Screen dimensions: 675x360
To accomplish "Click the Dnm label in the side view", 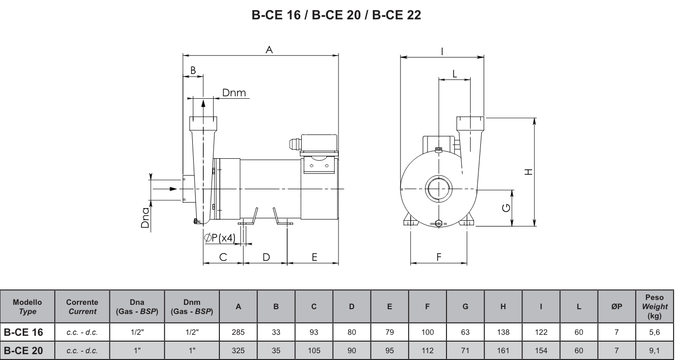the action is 234,93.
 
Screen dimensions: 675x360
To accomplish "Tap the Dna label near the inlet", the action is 145,218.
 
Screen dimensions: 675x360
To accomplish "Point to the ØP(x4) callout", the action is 220,238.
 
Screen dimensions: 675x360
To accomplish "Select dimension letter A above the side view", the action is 269,50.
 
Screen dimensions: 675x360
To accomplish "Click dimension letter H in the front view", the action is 529,172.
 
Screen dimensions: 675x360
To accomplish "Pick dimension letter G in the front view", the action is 506,208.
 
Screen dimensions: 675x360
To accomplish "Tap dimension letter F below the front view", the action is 439,257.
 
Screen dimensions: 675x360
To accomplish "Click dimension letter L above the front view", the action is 454,74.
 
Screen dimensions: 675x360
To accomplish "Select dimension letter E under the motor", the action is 314,257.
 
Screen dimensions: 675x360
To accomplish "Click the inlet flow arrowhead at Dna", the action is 173,189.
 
